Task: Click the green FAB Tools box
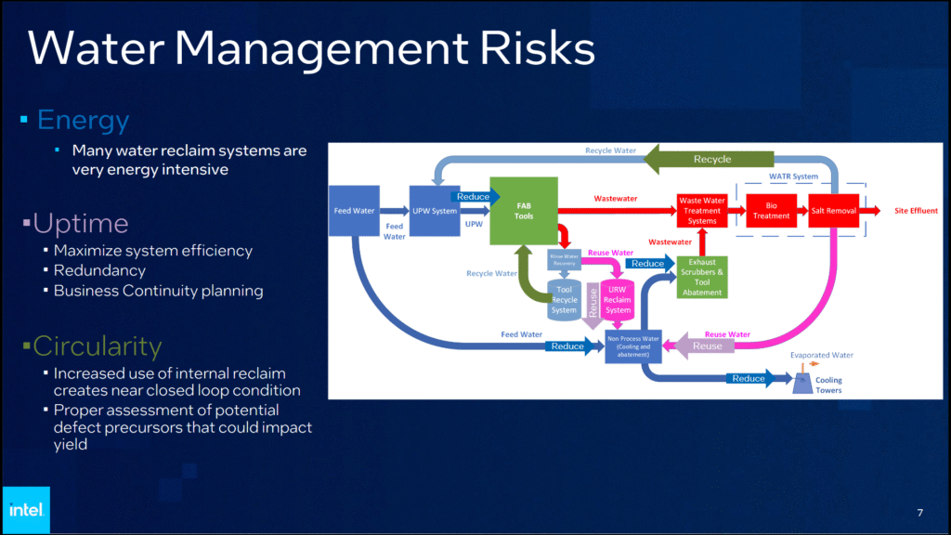point(523,211)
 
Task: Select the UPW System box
point(435,211)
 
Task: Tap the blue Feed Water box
point(354,211)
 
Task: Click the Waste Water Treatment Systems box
point(702,211)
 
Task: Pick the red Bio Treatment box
point(771,211)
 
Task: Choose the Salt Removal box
point(833,211)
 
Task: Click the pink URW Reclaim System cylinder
point(618,298)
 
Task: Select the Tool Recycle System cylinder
point(564,299)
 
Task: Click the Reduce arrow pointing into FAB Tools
point(473,196)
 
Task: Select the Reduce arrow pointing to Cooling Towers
point(749,378)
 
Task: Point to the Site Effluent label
point(916,211)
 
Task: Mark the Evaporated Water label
point(822,355)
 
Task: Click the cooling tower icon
point(800,384)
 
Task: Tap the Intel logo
point(25,509)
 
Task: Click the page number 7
point(919,513)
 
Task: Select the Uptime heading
point(80,224)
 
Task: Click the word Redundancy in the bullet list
point(99,270)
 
